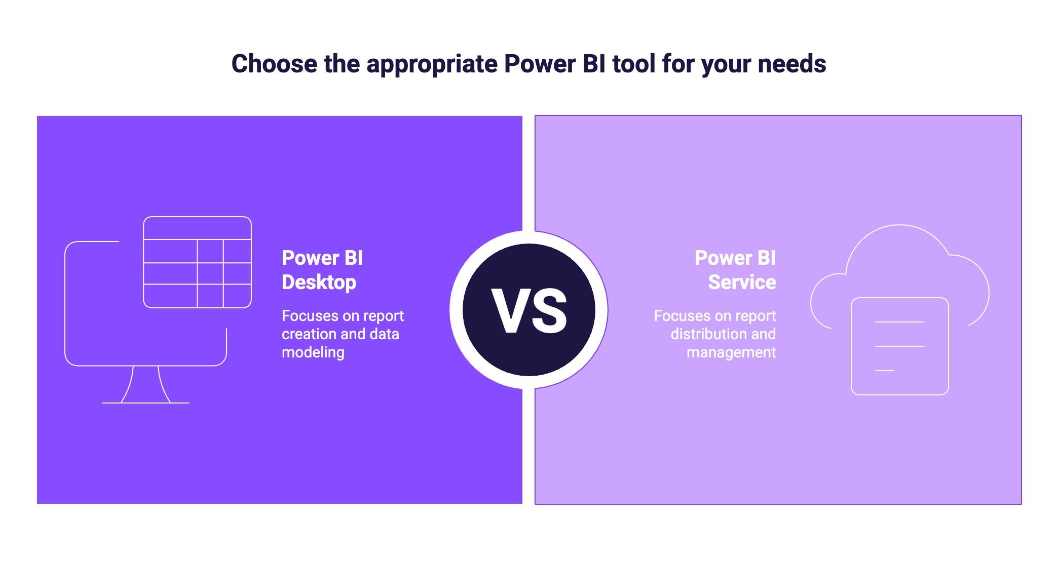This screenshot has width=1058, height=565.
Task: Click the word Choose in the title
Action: click(274, 64)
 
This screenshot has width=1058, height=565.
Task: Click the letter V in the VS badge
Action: click(510, 311)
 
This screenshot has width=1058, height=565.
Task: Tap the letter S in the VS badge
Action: click(549, 311)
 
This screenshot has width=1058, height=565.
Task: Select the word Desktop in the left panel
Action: click(319, 282)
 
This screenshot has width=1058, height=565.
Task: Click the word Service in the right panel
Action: click(742, 282)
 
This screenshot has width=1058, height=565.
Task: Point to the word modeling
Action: click(313, 352)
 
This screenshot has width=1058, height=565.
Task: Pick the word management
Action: click(731, 352)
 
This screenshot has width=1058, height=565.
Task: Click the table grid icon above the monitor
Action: click(197, 262)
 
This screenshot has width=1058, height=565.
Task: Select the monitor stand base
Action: click(145, 402)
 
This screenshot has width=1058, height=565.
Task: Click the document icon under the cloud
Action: click(899, 346)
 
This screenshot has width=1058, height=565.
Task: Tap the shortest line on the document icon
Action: click(884, 371)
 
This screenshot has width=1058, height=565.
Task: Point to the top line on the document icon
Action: click(899, 322)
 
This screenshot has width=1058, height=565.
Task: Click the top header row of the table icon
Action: click(197, 228)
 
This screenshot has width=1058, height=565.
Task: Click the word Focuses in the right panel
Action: click(682, 316)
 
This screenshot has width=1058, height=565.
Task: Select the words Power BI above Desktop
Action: click(322, 258)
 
